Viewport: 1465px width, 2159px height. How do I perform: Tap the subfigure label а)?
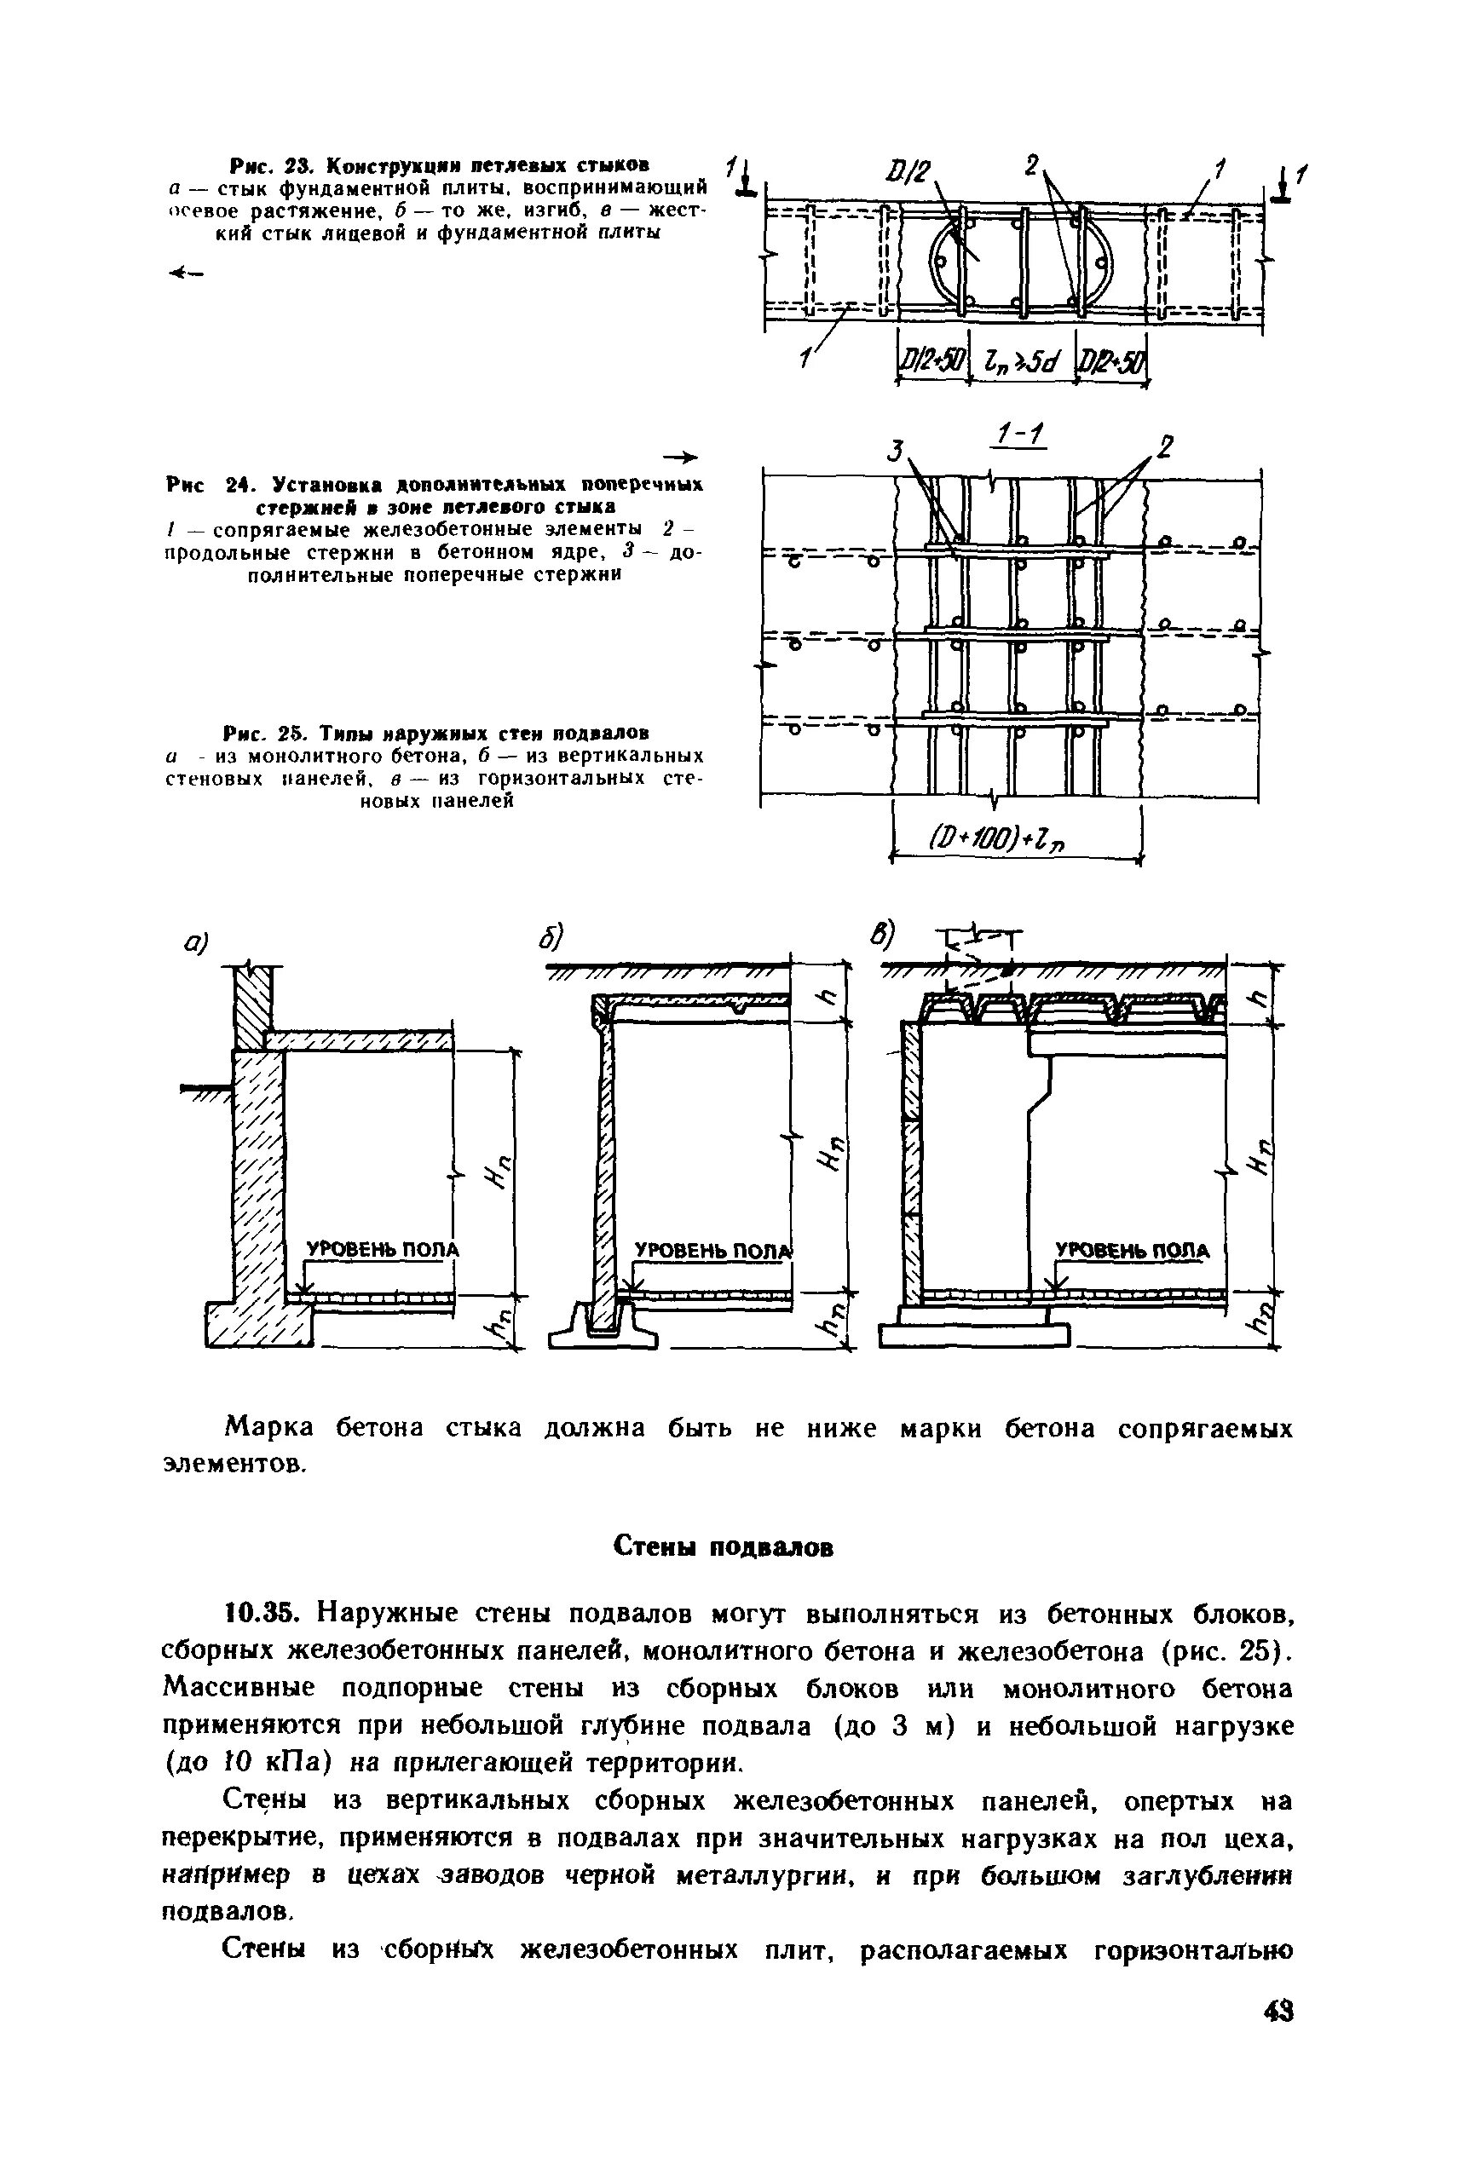[196, 942]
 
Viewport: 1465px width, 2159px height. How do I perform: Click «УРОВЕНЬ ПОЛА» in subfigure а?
[383, 1250]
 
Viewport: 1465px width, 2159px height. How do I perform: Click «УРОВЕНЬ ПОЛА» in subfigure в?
[1132, 1251]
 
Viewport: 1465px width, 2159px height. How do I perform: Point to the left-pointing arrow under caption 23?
[185, 273]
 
